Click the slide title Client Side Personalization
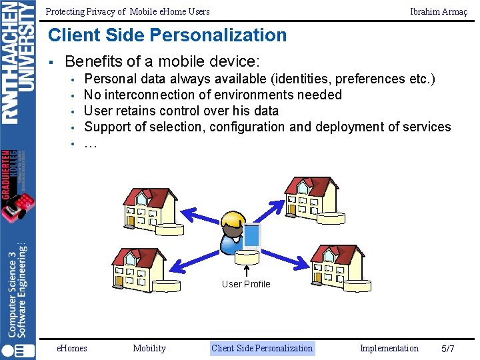tap(167, 35)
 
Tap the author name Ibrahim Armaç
tap(438, 11)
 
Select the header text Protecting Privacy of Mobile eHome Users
tap(127, 11)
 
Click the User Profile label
tap(246, 284)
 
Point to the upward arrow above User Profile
tap(247, 270)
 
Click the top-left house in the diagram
tap(149, 208)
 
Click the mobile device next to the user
tap(252, 237)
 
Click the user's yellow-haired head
tap(233, 222)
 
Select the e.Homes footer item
tap(71, 348)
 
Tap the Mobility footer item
tap(149, 348)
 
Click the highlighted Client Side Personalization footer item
tap(261, 348)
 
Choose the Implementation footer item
tap(389, 348)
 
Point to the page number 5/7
tap(448, 349)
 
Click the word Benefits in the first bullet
tap(93, 62)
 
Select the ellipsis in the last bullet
tap(91, 143)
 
